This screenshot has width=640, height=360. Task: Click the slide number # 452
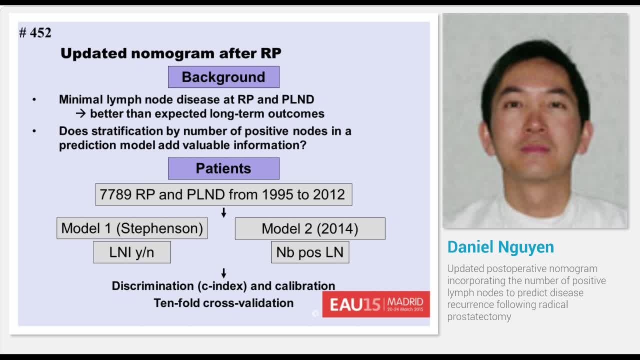35,33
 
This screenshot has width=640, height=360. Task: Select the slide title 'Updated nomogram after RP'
170,53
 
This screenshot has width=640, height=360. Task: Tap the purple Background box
223,77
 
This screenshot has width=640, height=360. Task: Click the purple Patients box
223,168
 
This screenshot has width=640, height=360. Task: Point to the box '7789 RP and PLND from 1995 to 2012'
223,194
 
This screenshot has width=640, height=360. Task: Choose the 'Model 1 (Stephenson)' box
132,228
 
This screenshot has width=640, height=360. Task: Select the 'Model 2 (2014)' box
310,228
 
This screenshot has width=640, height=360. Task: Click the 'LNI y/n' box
132,252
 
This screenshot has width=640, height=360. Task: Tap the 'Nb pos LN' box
310,252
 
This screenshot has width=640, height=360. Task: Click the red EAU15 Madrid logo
376,304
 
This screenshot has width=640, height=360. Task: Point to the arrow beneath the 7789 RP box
223,213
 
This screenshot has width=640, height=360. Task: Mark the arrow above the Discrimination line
223,273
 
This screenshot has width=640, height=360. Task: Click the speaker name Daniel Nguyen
500,247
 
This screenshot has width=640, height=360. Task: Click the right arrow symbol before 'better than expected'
81,114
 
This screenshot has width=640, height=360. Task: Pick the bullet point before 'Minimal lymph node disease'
34,99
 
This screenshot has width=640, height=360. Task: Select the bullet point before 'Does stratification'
34,131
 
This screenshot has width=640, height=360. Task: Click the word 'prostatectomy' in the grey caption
479,316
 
